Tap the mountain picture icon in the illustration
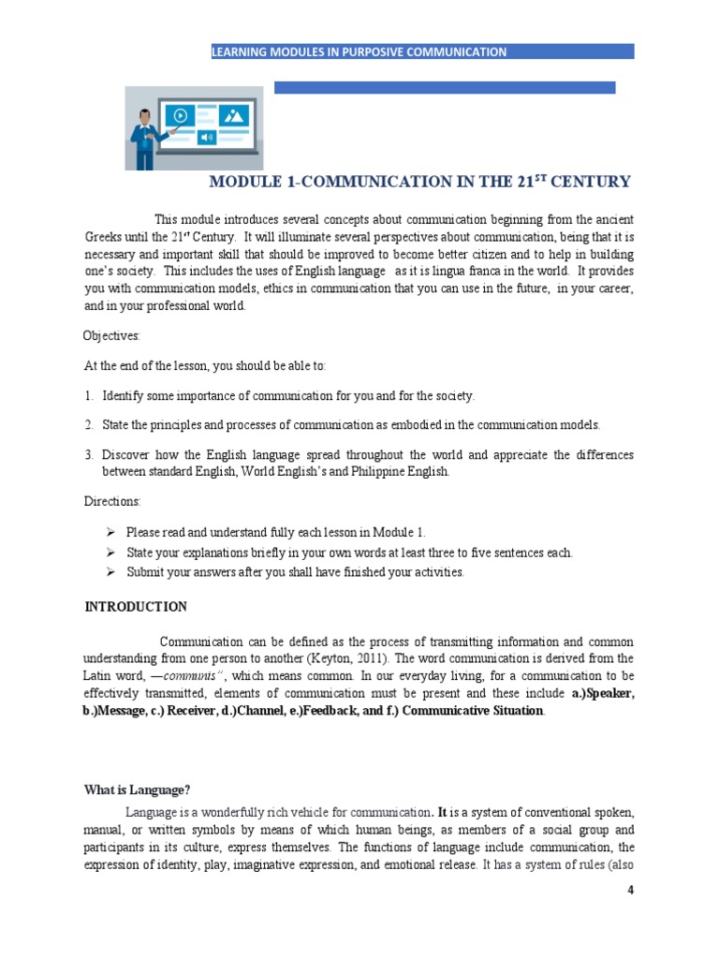coord(233,115)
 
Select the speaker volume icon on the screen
coord(206,137)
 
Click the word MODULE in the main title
coord(241,182)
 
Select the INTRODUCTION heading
coord(136,607)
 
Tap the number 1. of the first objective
coord(89,396)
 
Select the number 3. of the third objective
coord(89,455)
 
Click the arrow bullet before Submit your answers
coord(112,571)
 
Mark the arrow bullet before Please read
coord(112,532)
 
